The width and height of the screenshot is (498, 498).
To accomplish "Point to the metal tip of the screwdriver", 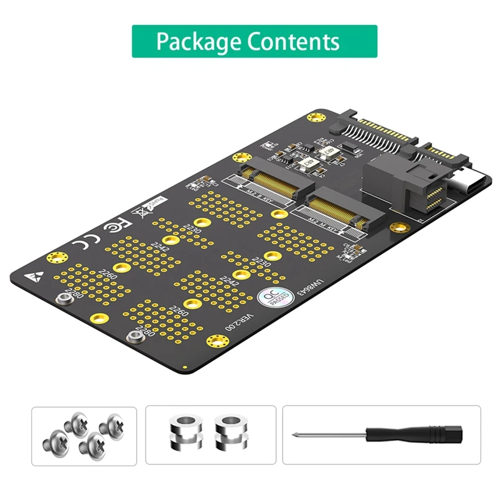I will [305, 434].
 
